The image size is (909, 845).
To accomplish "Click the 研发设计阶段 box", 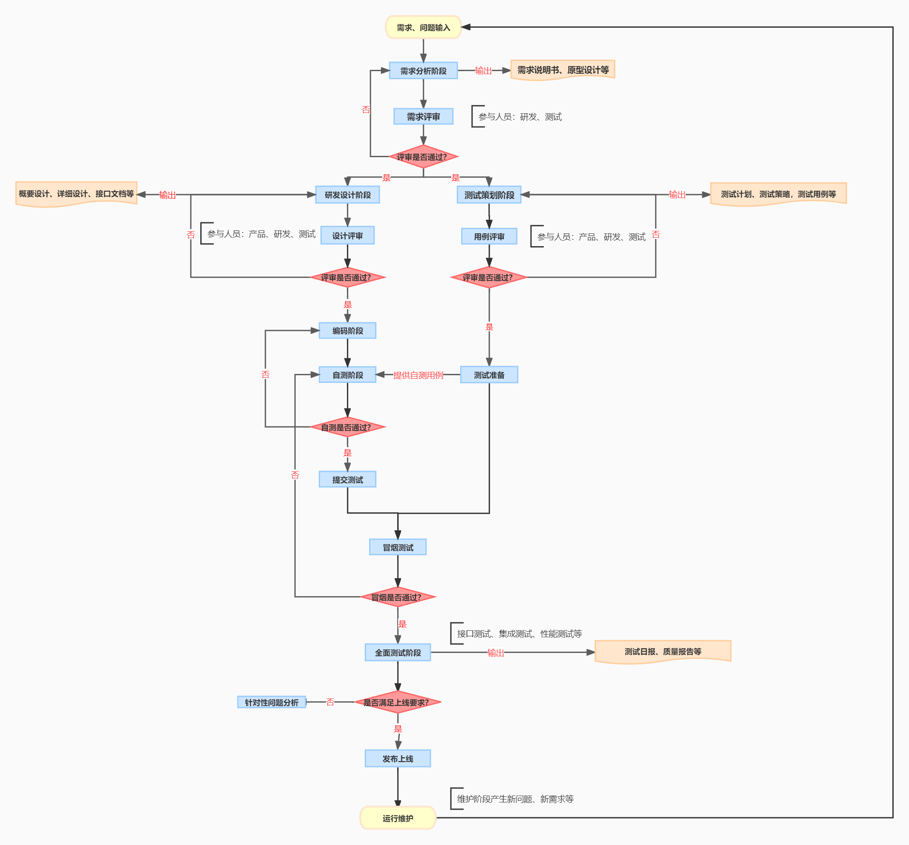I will point(347,195).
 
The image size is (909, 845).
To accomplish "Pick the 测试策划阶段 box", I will point(489,195).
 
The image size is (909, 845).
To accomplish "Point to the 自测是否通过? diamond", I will point(347,427).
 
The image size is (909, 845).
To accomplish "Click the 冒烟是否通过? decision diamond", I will point(397,597).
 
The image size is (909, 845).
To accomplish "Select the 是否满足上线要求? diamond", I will point(397,702).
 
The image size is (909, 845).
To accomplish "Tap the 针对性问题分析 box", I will point(271,702).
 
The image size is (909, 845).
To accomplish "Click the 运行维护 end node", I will point(397,818).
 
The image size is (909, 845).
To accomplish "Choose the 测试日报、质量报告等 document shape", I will point(663,651).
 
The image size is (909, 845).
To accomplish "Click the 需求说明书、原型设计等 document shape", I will point(563,70).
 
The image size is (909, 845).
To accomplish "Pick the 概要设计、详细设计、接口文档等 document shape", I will point(76,194).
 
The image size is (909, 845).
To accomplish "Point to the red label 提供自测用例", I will point(418,375).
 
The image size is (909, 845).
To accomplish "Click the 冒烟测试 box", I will point(397,547).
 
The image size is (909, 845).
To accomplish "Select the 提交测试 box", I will point(347,480).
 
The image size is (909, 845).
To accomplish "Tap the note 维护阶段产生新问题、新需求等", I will point(515,799).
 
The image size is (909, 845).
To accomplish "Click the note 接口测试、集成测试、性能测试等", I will point(519,633).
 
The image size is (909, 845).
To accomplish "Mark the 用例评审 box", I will point(489,236).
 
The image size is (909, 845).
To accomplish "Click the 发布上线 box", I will point(397,759).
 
